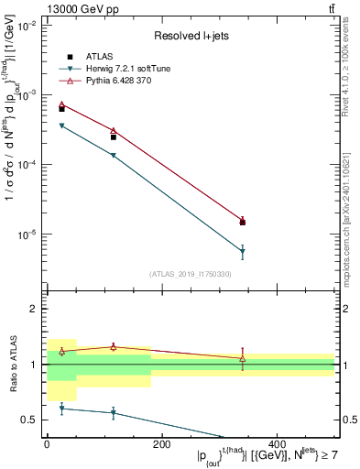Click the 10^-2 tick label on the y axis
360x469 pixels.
coord(27,26)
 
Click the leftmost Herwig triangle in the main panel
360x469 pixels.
coord(61,125)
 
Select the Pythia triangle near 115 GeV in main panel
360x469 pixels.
coord(113,131)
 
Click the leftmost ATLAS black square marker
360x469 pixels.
coord(61,109)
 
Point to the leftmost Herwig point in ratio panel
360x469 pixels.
coord(61,409)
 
